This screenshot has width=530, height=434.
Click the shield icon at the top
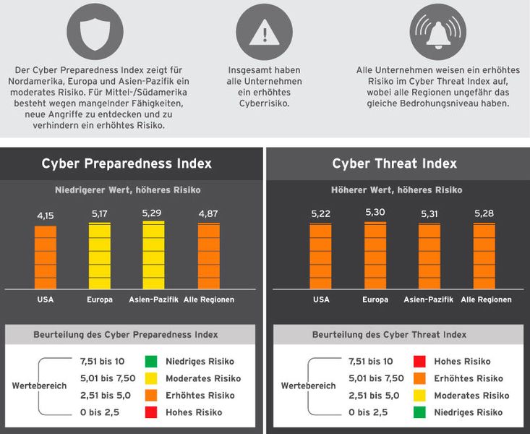[x=90, y=33]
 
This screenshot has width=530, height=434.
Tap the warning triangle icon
[x=264, y=33]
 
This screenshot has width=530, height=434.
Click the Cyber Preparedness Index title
[x=127, y=163]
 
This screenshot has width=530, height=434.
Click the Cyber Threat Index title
[x=395, y=163]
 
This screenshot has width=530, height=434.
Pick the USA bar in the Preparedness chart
[x=46, y=257]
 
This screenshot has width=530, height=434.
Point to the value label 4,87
[x=209, y=213]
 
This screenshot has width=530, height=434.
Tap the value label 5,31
[x=429, y=214]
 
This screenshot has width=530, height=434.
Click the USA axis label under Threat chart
[x=322, y=299]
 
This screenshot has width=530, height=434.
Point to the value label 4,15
[x=46, y=216]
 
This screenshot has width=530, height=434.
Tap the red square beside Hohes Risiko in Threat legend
[x=419, y=361]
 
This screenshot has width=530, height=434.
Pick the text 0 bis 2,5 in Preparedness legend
[x=100, y=412]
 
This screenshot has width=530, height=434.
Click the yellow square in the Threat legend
[x=419, y=396]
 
